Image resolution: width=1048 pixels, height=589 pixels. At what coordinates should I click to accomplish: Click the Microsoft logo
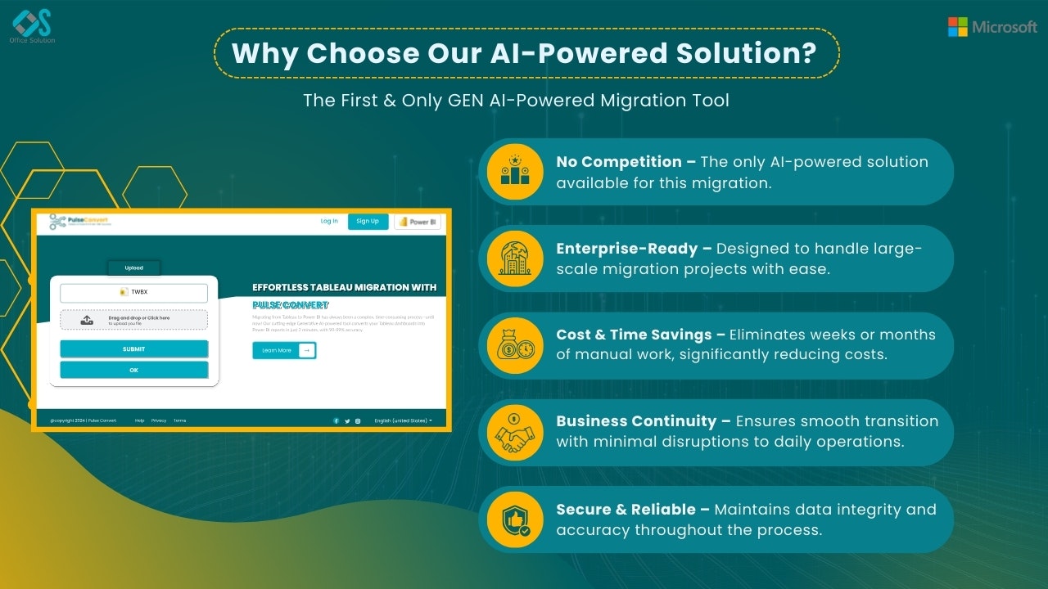pos(992,27)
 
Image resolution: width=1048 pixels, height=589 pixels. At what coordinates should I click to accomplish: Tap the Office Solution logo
pos(32,25)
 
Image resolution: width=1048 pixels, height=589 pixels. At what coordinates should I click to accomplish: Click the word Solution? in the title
pos(745,54)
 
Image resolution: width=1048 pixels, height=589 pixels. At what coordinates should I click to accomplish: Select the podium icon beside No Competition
pos(515,171)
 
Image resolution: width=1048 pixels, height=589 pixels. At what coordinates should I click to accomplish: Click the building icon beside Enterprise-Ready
pos(515,258)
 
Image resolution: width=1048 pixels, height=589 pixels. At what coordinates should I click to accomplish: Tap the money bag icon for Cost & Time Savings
pos(515,345)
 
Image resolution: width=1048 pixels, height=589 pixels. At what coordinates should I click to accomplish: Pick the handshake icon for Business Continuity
pos(515,432)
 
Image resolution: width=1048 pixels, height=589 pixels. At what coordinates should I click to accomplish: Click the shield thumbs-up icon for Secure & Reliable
pos(515,519)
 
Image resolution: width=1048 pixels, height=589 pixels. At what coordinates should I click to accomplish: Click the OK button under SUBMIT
pos(134,370)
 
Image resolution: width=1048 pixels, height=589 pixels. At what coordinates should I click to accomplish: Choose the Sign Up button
pos(368,221)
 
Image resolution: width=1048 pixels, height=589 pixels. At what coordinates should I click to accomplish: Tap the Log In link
pos(329,221)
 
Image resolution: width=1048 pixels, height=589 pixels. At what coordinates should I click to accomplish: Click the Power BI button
pos(418,222)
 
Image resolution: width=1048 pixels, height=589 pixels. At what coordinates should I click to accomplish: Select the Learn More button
pos(283,350)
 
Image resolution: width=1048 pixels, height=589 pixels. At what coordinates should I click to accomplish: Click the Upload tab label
pos(134,268)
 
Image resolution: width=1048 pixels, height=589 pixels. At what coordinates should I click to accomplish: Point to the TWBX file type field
pos(134,292)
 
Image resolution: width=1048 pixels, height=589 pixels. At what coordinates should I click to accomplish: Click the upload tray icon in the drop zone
pos(88,320)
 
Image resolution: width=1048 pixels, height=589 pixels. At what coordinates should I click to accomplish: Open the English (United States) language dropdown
pos(403,420)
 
